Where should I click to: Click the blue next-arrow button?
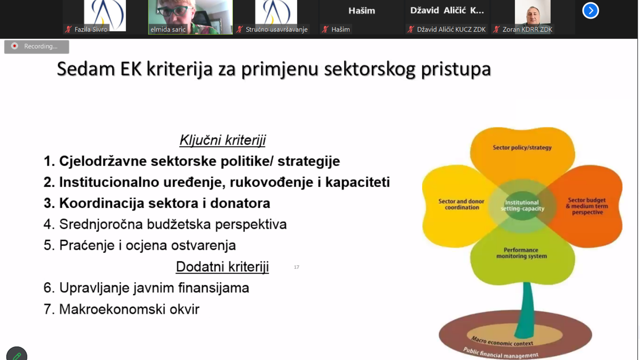(590, 11)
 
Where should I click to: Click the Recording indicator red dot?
(15, 46)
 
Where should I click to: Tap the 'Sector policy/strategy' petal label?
(522, 147)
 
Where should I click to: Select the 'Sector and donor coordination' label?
(461, 204)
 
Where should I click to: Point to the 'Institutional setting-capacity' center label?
(522, 205)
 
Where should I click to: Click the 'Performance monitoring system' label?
(521, 253)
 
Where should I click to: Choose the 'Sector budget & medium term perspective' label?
(587, 206)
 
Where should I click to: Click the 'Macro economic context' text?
(502, 341)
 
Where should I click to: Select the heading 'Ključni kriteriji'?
(223, 140)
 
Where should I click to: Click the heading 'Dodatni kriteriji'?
(222, 267)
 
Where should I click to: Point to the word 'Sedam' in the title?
(86, 69)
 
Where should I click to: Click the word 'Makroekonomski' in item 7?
(112, 309)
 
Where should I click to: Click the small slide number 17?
(297, 267)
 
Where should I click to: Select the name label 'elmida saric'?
(168, 29)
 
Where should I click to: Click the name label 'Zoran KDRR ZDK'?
(527, 29)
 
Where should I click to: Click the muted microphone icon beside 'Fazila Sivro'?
(69, 29)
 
